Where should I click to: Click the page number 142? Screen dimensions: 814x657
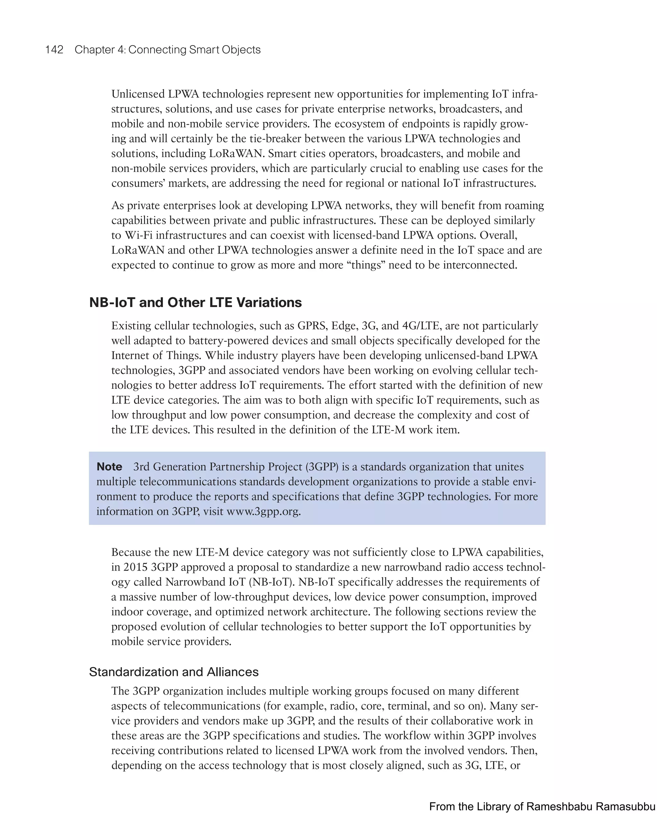(54, 50)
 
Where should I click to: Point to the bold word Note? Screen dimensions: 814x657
(109, 466)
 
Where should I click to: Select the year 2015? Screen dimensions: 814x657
(135, 567)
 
